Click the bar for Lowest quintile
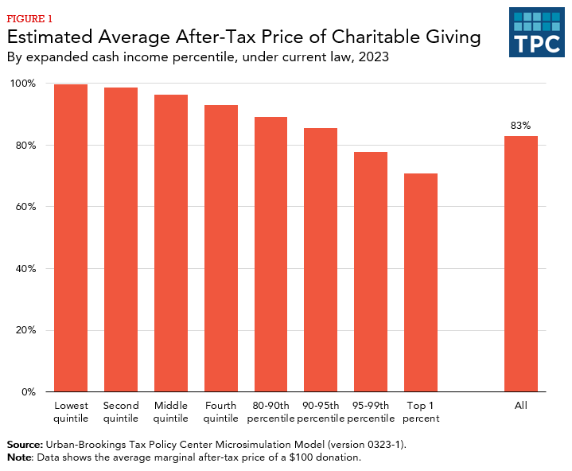coord(71,238)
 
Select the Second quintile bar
coord(121,239)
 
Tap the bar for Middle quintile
coord(171,243)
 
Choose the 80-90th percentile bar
coord(270,254)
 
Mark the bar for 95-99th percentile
coord(371,271)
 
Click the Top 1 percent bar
coord(421,282)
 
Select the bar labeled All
coord(521,263)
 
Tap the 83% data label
coord(521,126)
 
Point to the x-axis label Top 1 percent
coord(421,412)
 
